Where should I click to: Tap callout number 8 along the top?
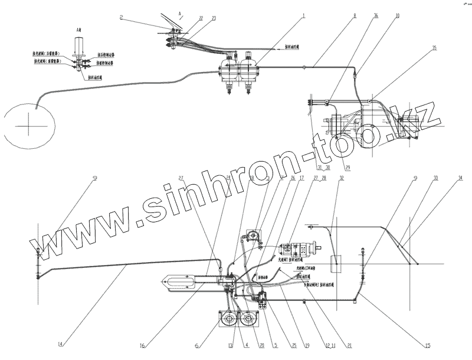click(354, 17)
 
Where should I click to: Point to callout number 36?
click(376, 17)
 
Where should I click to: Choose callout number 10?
click(397, 17)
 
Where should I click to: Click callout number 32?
click(341, 177)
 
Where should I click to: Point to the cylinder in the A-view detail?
click(78, 47)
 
